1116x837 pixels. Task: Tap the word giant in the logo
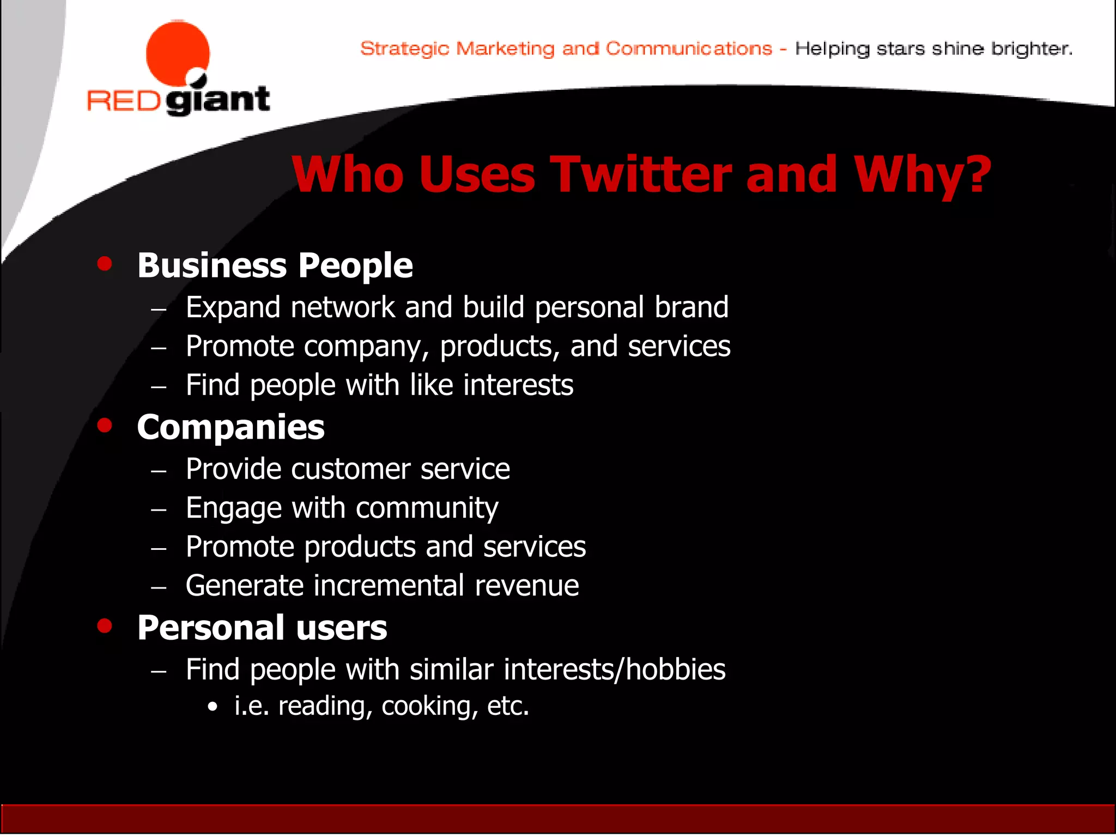pos(218,100)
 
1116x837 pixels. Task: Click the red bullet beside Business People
pos(105,264)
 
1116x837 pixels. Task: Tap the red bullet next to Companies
pos(105,425)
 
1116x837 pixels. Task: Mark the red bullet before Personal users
pos(105,626)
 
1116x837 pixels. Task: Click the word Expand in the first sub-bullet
pos(233,307)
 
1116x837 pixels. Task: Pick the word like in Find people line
pos(431,385)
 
